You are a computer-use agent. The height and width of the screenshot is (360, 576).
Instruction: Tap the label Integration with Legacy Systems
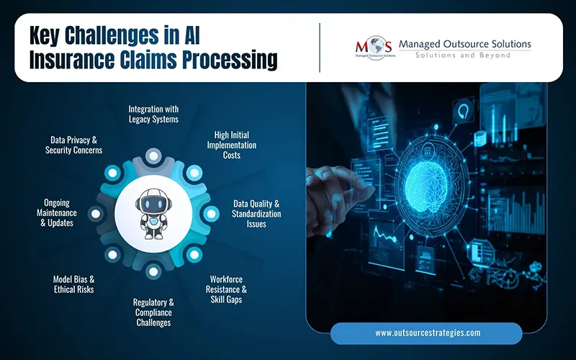click(153, 114)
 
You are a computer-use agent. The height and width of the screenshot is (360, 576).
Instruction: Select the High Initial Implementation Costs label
click(235, 145)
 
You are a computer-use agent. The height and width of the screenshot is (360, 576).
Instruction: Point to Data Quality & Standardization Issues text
click(256, 214)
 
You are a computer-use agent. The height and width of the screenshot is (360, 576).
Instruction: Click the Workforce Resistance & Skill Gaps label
click(228, 289)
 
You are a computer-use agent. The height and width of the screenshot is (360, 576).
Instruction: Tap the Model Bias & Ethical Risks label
click(73, 284)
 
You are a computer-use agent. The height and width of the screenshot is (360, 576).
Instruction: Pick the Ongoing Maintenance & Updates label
click(60, 213)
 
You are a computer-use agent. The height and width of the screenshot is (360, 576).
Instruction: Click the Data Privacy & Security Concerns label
click(73, 145)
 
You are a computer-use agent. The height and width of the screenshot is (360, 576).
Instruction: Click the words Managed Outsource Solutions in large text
click(464, 44)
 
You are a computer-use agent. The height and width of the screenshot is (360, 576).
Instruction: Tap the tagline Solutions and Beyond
click(464, 55)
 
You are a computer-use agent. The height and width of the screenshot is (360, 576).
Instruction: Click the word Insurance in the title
click(70, 60)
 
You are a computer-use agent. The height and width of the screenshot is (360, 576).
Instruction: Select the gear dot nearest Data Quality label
click(211, 214)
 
